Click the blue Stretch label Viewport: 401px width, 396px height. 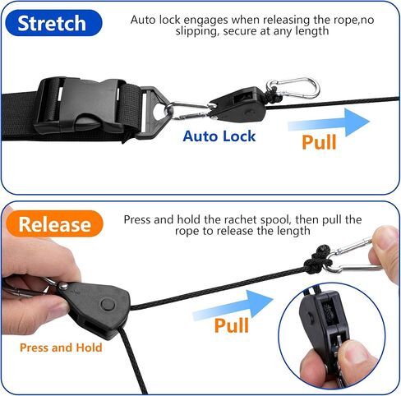[x=52, y=23]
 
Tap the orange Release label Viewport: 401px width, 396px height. [x=55, y=223]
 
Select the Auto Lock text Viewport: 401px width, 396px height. [x=219, y=136]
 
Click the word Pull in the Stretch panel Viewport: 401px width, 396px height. [x=319, y=141]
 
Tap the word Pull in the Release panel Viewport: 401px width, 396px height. [x=232, y=326]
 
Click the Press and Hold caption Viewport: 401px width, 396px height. [x=62, y=348]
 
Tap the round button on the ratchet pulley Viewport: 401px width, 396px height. [x=107, y=305]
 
